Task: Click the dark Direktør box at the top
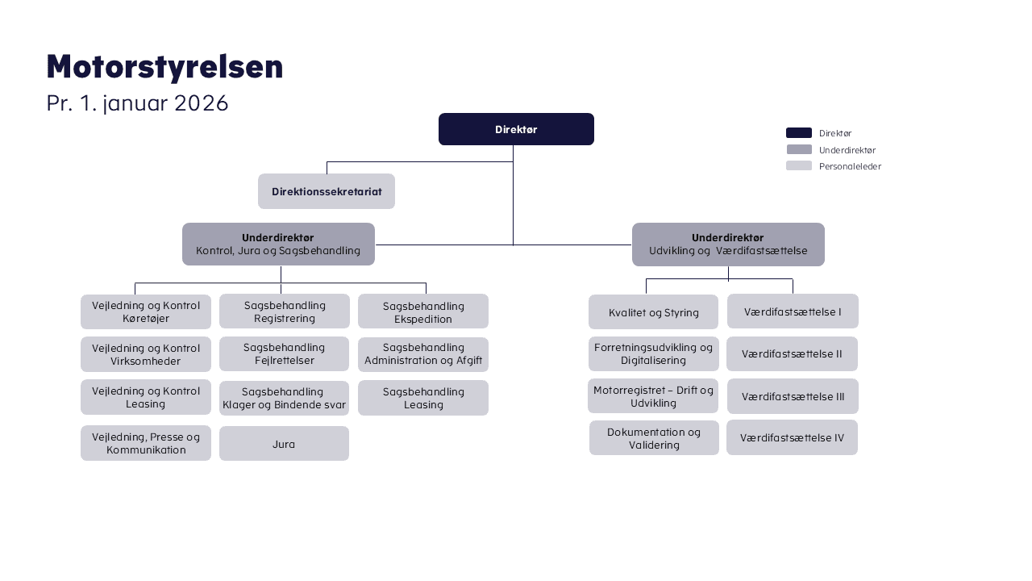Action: pyautogui.click(x=516, y=129)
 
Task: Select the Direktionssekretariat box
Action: pyautogui.click(x=327, y=191)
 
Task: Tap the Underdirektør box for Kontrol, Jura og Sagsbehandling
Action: pyautogui.click(x=278, y=244)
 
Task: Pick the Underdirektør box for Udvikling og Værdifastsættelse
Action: pyautogui.click(x=728, y=244)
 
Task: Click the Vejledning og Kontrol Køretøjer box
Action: pyautogui.click(x=146, y=311)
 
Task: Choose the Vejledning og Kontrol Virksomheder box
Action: pyautogui.click(x=146, y=354)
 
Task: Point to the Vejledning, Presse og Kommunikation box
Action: pyautogui.click(x=146, y=443)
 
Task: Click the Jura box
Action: pyautogui.click(x=284, y=444)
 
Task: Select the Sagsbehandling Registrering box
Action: pyautogui.click(x=285, y=311)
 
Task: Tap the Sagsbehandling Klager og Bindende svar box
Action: pyautogui.click(x=284, y=398)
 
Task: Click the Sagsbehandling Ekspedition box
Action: pyautogui.click(x=423, y=311)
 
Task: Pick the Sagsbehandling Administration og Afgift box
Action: pyautogui.click(x=423, y=354)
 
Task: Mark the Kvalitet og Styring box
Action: pyautogui.click(x=654, y=312)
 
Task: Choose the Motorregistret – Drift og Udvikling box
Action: pyautogui.click(x=653, y=396)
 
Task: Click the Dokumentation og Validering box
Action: pyautogui.click(x=654, y=438)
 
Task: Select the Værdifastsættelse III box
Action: pyautogui.click(x=793, y=396)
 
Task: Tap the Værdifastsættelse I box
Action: pyautogui.click(x=793, y=311)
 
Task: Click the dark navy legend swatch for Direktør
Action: pyautogui.click(x=799, y=133)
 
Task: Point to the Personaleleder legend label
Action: pyautogui.click(x=850, y=166)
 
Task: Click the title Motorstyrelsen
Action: pyautogui.click(x=164, y=67)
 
